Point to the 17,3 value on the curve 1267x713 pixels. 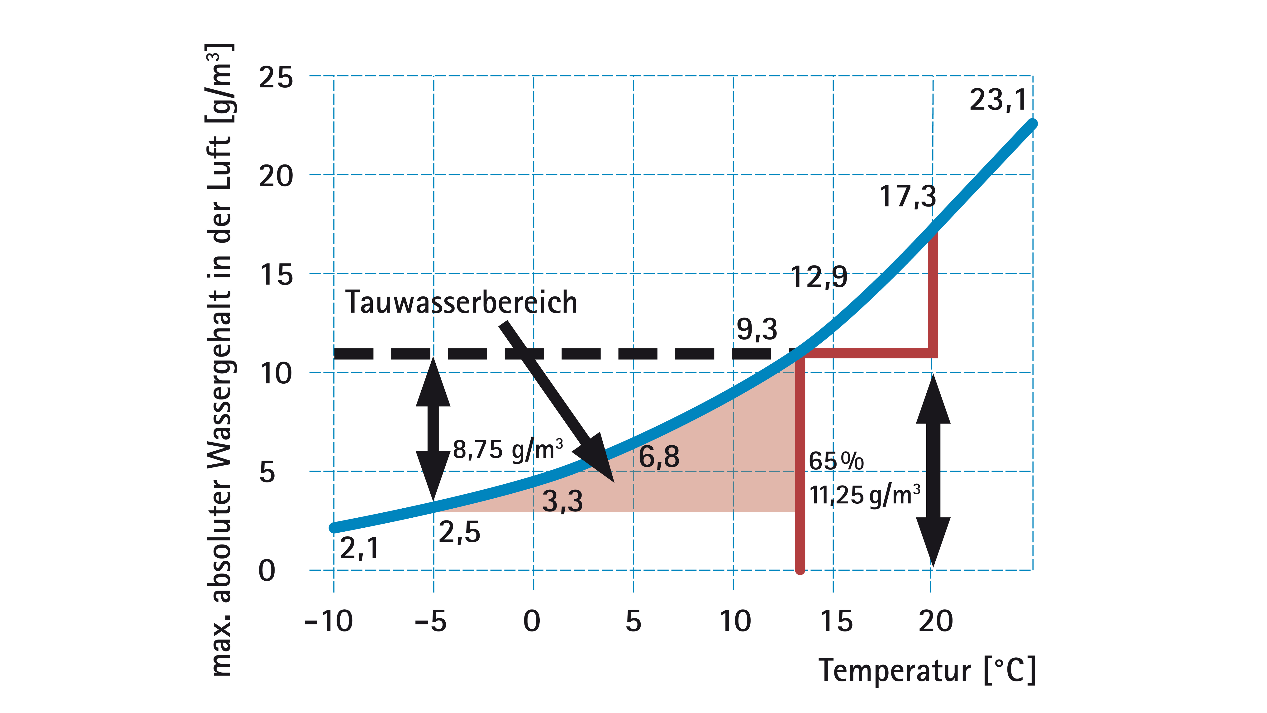tap(907, 197)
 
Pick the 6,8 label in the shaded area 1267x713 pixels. tap(659, 457)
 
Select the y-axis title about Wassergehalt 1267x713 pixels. tap(220, 359)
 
